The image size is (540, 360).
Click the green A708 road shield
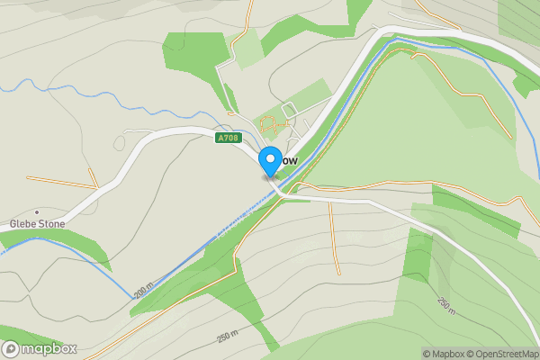point(228,139)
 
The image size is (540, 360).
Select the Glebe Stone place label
point(38,223)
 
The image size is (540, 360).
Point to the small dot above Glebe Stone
point(36,211)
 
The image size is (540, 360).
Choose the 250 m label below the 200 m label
point(229,337)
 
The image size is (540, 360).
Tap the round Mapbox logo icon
point(12,349)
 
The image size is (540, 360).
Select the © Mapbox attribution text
point(443,353)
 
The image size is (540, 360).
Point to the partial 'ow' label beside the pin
point(289,160)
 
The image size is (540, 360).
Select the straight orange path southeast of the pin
point(334,238)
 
